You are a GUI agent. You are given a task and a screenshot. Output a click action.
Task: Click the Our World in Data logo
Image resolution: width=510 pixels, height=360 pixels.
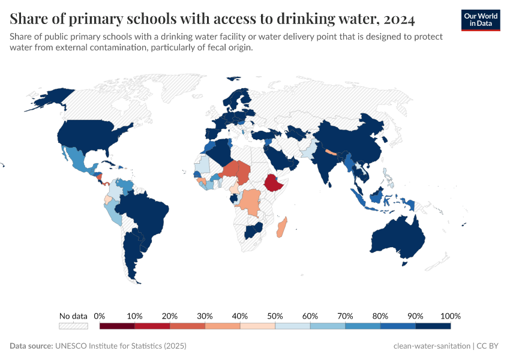point(480,20)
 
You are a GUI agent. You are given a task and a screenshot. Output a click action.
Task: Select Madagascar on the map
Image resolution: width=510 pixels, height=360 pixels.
point(281,227)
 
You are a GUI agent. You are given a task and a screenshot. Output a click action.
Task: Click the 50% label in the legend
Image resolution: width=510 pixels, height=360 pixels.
point(275,316)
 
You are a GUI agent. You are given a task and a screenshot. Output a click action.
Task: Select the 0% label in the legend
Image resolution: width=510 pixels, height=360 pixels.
point(100,316)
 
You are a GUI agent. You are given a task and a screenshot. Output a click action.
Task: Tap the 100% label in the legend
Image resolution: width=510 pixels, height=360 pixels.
point(450,316)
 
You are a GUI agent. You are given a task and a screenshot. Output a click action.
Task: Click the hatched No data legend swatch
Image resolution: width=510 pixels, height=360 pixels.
point(73,326)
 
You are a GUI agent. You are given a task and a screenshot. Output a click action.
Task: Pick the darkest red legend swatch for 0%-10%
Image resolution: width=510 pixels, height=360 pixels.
point(117,326)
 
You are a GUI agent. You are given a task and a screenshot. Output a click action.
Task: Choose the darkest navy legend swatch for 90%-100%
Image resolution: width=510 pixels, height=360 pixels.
point(433,326)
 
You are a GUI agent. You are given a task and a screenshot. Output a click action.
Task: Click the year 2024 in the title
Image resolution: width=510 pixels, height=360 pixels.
point(396,20)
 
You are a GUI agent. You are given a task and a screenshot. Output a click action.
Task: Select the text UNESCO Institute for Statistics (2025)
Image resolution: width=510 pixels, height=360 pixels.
point(121,346)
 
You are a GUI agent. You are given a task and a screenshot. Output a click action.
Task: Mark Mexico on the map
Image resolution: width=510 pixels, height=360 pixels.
point(78,159)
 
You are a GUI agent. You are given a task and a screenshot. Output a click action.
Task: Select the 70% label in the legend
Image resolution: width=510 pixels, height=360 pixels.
point(345,316)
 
